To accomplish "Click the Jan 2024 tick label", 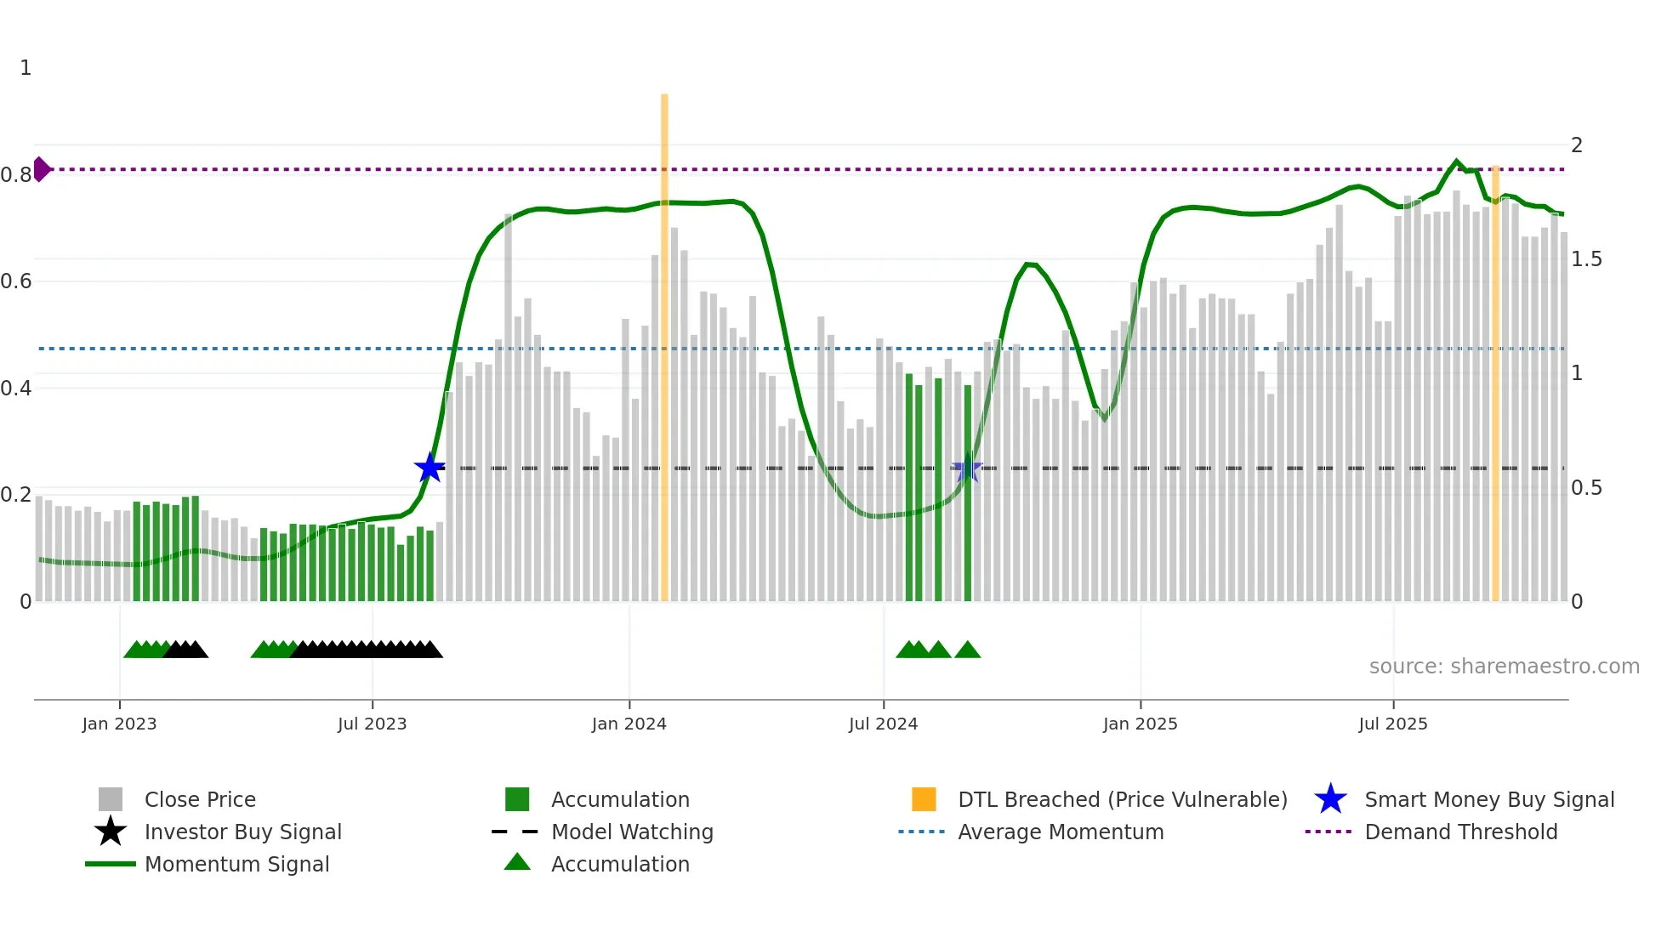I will (629, 724).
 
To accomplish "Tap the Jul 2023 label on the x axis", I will (372, 724).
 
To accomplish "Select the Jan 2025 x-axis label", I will (1140, 724).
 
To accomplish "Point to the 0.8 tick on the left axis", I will (16, 175).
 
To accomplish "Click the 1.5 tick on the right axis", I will (1585, 259).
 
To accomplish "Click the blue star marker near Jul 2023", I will (430, 468).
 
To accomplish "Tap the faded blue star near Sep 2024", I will (967, 468).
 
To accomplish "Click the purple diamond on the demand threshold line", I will (41, 169).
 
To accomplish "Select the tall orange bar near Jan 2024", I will (664, 340).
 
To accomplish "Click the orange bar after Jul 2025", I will (1495, 383).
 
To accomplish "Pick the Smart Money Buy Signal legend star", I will (1330, 799).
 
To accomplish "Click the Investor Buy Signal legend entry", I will (242, 832).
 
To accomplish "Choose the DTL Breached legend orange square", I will (924, 799).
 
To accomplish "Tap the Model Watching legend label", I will (632, 832).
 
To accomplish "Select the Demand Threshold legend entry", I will (1460, 832).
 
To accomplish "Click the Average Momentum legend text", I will (1061, 832).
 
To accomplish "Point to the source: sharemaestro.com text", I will (1504, 666).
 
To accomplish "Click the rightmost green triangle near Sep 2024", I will (967, 650).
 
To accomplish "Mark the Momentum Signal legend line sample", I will (111, 864).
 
